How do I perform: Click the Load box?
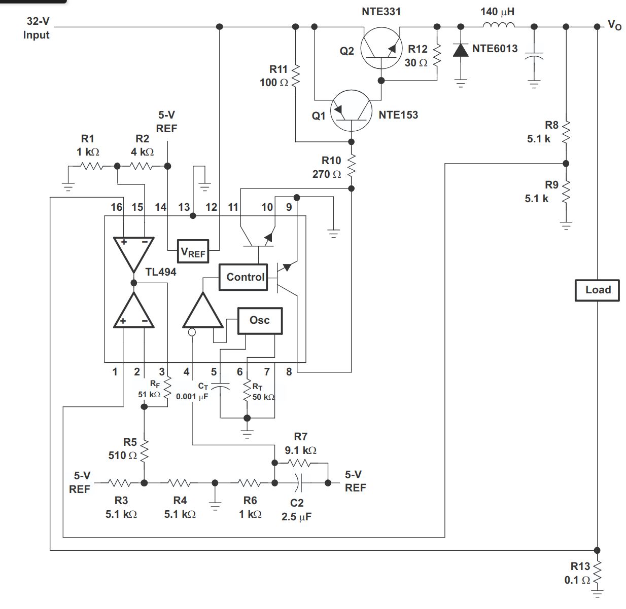coord(597,290)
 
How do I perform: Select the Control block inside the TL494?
coord(244,277)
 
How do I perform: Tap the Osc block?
coord(260,321)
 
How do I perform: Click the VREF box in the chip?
coord(193,252)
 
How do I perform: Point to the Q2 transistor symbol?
coord(381,49)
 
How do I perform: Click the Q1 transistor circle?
coord(351,111)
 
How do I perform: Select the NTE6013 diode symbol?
coord(461,50)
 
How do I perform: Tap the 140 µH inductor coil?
coord(498,25)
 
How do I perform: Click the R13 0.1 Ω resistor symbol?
coord(597,573)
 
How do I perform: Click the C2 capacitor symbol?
coord(299,483)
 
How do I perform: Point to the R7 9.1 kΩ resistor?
coord(299,463)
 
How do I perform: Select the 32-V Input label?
coord(37,28)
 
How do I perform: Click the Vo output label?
coord(614,25)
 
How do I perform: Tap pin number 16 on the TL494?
coord(116,207)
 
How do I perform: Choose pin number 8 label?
coord(289,372)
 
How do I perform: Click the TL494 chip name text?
coord(161,272)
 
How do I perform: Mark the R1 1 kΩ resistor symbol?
coord(92,166)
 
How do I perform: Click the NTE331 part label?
coord(381,12)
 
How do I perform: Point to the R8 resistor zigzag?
coord(566,132)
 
